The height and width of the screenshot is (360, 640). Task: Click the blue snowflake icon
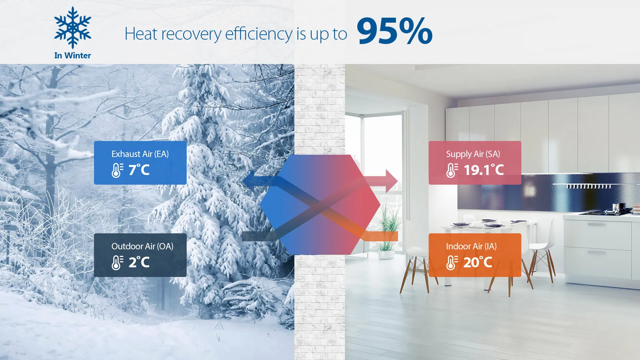pos(72,28)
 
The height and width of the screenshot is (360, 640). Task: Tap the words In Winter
pos(72,55)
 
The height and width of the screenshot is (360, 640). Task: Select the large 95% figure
pos(394,31)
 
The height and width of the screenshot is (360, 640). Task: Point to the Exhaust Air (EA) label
pos(140,154)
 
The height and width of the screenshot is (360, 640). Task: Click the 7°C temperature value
pos(139,170)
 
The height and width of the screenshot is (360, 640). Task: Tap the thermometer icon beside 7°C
pos(117,170)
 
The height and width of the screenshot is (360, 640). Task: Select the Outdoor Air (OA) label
pos(142,246)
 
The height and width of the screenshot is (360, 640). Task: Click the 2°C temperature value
pos(139,262)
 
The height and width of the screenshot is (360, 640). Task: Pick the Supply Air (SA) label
pos(473,154)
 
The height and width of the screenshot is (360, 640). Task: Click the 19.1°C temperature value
pos(484,170)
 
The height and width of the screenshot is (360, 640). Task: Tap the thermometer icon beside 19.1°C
pos(452,170)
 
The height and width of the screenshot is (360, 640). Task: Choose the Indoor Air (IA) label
pos(471,246)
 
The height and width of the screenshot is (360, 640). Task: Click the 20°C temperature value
pos(478,262)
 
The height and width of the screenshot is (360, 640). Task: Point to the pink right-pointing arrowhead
pos(391,181)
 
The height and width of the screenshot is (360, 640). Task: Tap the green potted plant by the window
pos(387,233)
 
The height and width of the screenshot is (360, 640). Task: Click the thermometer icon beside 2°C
pos(117,263)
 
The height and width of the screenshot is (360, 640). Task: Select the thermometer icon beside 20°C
pos(452,263)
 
